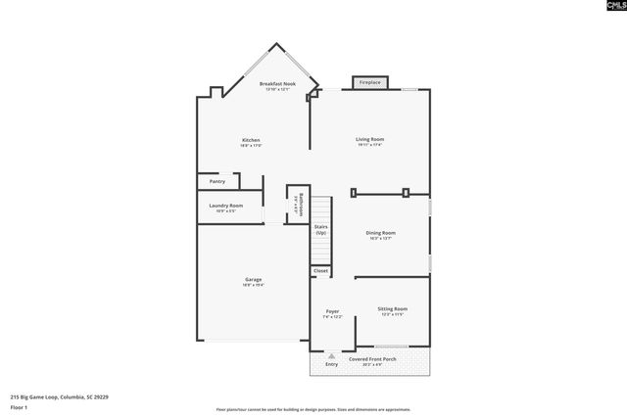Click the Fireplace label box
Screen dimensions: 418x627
pos(369,83)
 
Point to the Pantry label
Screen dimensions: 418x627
pos(217,181)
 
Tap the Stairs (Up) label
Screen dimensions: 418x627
pos(320,229)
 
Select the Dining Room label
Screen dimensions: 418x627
pos(379,235)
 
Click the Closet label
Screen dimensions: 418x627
pos(320,270)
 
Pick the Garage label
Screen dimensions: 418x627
pos(253,281)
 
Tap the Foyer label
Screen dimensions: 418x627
pos(332,313)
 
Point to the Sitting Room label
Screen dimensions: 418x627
pos(393,310)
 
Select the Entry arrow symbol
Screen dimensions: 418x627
pos(332,355)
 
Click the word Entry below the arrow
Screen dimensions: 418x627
pos(332,364)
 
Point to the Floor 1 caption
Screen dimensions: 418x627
pos(20,407)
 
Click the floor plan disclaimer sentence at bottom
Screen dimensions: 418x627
pos(313,409)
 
